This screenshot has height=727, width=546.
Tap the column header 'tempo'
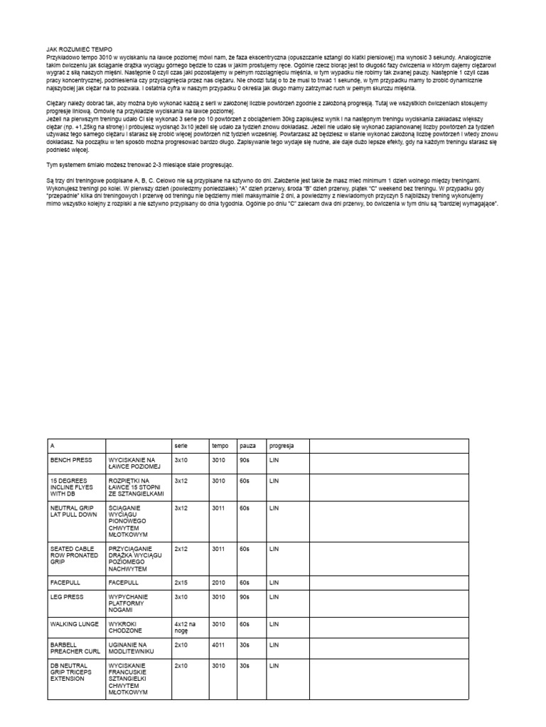(220, 445)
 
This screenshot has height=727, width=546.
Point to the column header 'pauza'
(248, 445)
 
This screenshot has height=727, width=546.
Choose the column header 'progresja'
(281, 445)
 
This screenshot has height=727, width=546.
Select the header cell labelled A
(53, 445)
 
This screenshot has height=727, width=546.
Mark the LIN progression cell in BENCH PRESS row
(274, 460)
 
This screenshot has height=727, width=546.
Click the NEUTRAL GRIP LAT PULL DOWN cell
(74, 511)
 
